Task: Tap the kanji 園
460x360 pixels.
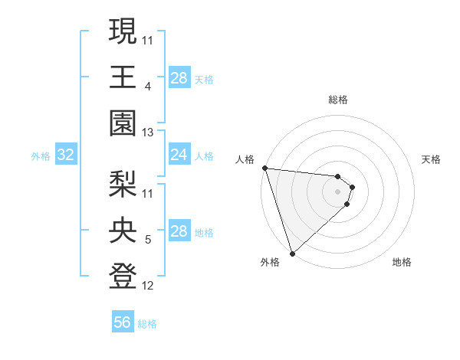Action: (x=123, y=123)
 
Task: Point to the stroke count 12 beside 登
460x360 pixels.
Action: (x=148, y=286)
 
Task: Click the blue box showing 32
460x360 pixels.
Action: (x=66, y=155)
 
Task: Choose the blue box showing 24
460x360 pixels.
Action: (x=179, y=155)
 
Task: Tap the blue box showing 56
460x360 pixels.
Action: (x=123, y=323)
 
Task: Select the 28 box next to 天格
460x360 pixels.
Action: (x=179, y=77)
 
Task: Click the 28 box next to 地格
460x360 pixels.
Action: (x=179, y=232)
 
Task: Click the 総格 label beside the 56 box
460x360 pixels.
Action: (x=147, y=324)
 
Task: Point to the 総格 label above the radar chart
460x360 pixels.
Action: (x=338, y=100)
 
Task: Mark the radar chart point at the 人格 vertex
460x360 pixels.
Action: (x=264, y=168)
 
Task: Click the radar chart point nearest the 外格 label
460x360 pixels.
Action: (x=292, y=253)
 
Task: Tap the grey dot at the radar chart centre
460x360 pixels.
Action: (x=338, y=191)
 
